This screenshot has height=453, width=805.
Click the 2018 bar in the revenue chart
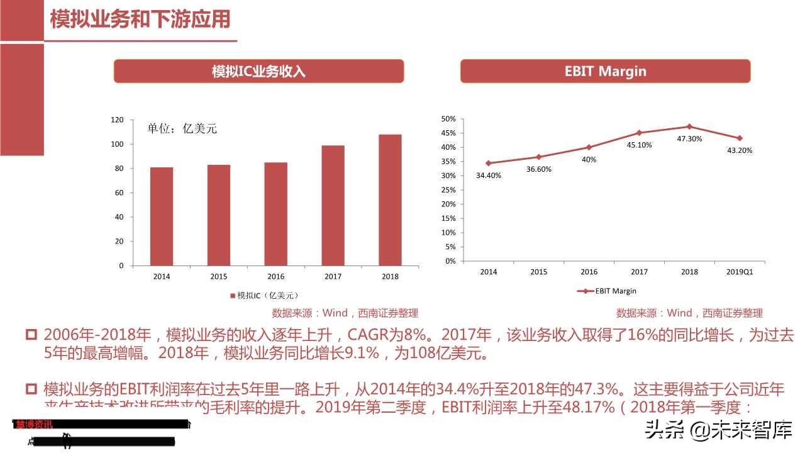click(390, 200)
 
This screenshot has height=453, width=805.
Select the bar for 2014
click(162, 216)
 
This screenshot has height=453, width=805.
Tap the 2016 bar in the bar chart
click(275, 214)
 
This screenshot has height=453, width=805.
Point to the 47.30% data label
click(689, 139)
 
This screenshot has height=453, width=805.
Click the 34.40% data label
click(489, 176)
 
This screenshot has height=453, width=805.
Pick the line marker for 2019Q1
click(740, 138)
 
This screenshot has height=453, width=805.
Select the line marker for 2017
click(639, 133)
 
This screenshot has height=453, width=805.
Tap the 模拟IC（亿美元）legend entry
click(264, 295)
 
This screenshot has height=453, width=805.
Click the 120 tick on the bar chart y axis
click(117, 120)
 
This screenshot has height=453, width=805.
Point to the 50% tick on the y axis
click(448, 119)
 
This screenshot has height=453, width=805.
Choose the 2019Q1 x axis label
click(740, 272)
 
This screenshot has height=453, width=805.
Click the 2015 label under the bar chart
click(219, 276)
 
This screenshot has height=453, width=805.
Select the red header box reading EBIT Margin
click(605, 71)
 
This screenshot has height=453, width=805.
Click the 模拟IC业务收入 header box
click(258, 71)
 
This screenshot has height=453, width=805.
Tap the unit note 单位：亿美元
click(182, 128)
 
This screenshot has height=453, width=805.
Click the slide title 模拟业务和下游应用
click(140, 20)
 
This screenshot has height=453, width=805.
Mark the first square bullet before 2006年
click(31, 335)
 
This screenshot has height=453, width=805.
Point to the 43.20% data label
click(740, 150)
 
